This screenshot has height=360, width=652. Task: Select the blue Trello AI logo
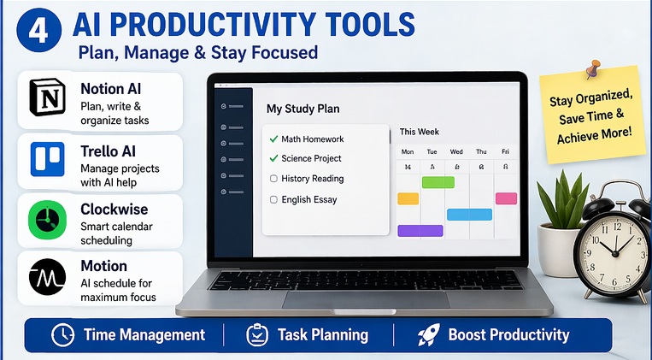pyautogui.click(x=48, y=159)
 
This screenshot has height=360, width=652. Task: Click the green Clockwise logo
pyautogui.click(x=48, y=220)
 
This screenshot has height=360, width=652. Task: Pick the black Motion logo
pyautogui.click(x=48, y=279)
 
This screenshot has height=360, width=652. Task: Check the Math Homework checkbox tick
pyautogui.click(x=273, y=139)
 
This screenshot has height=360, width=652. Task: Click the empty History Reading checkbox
pyautogui.click(x=273, y=179)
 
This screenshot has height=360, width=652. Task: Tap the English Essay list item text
pyautogui.click(x=309, y=199)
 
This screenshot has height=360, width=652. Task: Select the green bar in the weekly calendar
pyautogui.click(x=438, y=182)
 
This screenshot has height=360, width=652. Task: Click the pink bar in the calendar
pyautogui.click(x=506, y=198)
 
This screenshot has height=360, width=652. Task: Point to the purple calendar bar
pyautogui.click(x=420, y=231)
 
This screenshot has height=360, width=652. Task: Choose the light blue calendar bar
pyautogui.click(x=469, y=215)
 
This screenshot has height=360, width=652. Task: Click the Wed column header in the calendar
pyautogui.click(x=456, y=152)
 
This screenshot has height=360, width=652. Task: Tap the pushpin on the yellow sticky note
pyautogui.click(x=590, y=69)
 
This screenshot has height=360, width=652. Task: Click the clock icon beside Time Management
pyautogui.click(x=62, y=334)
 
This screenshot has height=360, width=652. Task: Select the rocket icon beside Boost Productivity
pyautogui.click(x=428, y=334)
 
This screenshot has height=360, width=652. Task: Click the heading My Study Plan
pyautogui.click(x=303, y=109)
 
